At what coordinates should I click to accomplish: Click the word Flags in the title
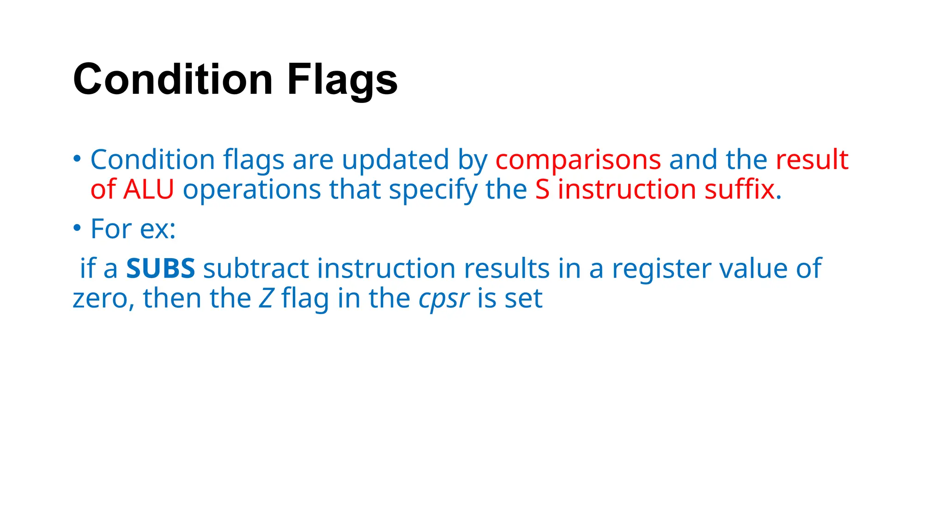(x=342, y=79)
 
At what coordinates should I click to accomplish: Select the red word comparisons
(x=578, y=160)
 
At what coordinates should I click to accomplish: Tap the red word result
(x=812, y=160)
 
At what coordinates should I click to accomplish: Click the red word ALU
(x=148, y=190)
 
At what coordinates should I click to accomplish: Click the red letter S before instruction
(x=542, y=190)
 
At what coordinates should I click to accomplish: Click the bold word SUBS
(x=160, y=268)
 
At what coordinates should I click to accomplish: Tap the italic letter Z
(x=266, y=298)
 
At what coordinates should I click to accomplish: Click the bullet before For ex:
(x=77, y=228)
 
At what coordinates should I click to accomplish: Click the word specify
(x=433, y=190)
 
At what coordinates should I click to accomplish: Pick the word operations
(x=252, y=190)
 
